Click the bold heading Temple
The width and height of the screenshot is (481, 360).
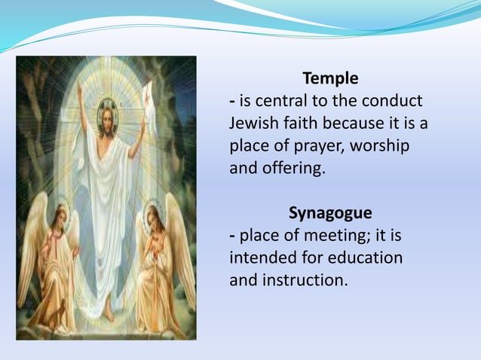pyautogui.click(x=330, y=78)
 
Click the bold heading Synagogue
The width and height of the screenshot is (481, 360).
pyautogui.click(x=330, y=213)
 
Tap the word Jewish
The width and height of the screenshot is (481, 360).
pyautogui.click(x=253, y=124)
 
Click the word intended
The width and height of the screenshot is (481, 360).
pyautogui.click(x=262, y=258)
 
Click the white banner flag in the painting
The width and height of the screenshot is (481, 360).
pyautogui.click(x=147, y=94)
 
